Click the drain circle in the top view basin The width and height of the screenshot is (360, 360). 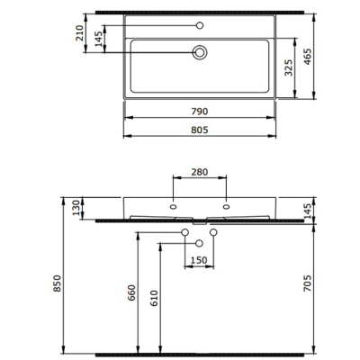pyautogui.click(x=200, y=53)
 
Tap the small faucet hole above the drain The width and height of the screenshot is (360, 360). pyautogui.click(x=200, y=25)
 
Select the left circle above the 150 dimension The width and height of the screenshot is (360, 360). pyautogui.click(x=185, y=233)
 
